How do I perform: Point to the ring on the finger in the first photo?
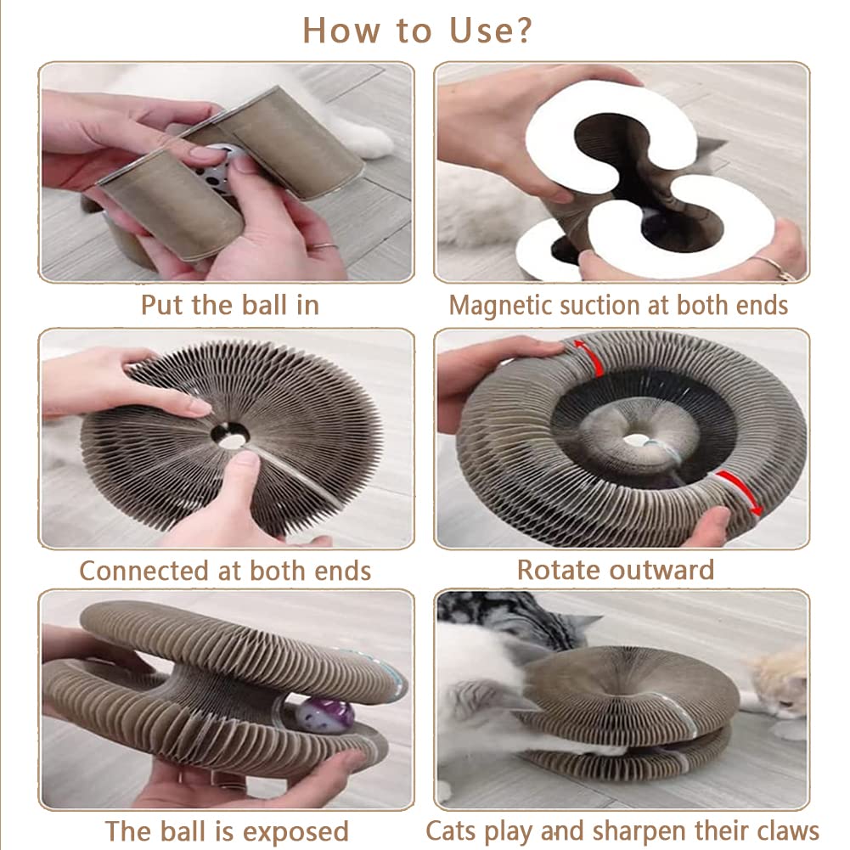[324, 246]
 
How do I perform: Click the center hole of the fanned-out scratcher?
[230, 435]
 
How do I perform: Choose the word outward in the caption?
[661, 571]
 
